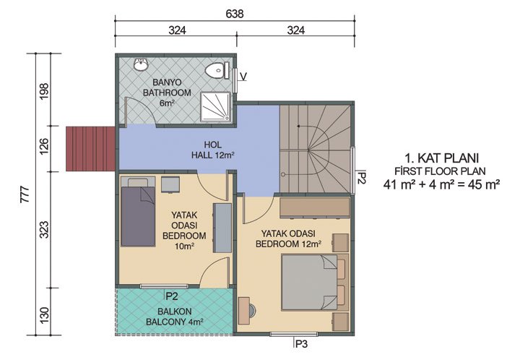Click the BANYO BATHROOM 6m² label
tap(167, 93)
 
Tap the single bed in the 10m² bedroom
tap(137, 215)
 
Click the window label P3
tap(300, 344)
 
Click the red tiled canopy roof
tap(90, 148)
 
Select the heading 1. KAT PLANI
tap(443, 157)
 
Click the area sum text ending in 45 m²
tap(443, 184)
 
